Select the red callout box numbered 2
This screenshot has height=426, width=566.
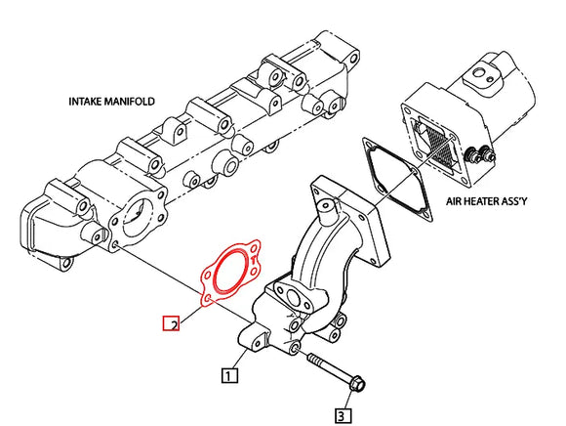coord(170,323)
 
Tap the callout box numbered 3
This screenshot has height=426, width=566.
coord(342,416)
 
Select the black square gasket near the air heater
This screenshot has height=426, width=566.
coord(391,174)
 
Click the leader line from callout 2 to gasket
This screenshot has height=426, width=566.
coord(189,312)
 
